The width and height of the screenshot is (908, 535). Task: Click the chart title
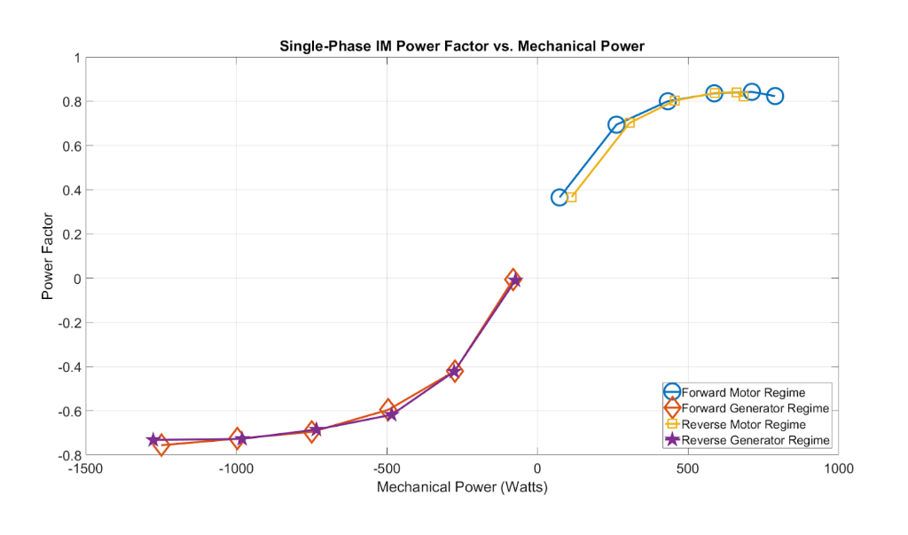tap(461, 45)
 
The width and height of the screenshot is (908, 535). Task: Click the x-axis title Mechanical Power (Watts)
tap(461, 487)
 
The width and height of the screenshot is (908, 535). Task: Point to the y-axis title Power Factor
tap(48, 256)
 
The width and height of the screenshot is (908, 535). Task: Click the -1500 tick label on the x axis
tap(86, 468)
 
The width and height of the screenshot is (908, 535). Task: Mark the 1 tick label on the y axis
tap(77, 58)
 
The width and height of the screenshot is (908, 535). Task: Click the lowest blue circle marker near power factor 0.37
tap(560, 197)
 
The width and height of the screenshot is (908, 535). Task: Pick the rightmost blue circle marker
tap(775, 96)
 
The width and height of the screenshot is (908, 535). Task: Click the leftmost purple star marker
tap(153, 440)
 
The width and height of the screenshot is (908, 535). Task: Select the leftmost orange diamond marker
tap(160, 445)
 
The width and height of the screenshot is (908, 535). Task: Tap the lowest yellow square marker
tap(571, 197)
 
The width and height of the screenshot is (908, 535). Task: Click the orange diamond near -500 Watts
tap(387, 409)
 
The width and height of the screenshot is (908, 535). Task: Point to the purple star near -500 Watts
tap(391, 414)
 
